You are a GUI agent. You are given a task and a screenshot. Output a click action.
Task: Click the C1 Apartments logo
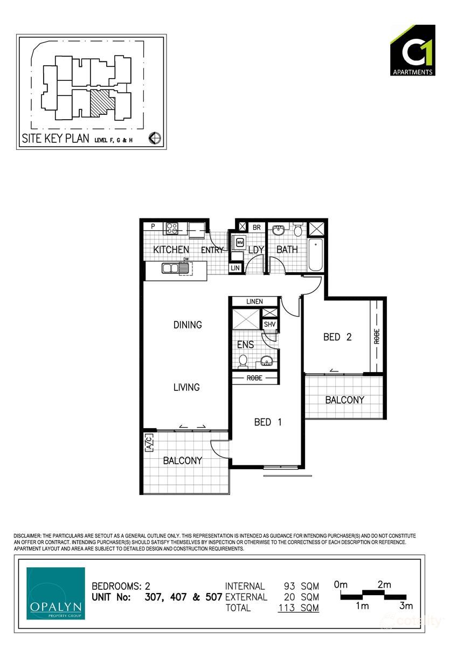(x=412, y=50)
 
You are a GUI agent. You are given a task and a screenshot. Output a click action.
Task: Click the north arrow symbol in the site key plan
(x=154, y=139)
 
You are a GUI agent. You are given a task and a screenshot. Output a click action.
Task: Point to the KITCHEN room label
(x=171, y=250)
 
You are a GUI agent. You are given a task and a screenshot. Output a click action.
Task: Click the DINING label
(x=188, y=325)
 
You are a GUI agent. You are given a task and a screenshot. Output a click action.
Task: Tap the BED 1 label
(x=268, y=422)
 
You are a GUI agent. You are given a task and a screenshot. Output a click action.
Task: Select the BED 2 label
(x=337, y=337)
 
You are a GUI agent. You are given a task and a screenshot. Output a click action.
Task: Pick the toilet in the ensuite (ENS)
(x=243, y=360)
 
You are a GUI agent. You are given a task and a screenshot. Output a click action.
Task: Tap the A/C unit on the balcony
(x=150, y=442)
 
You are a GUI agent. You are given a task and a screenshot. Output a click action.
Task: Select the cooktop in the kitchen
(x=172, y=228)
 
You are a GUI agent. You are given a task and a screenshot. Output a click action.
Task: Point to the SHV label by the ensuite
(x=269, y=325)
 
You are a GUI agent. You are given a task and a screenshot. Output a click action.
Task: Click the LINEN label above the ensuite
(x=254, y=301)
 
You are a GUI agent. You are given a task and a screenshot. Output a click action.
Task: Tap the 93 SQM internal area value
(x=302, y=586)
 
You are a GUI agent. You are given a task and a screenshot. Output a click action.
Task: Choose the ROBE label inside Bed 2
(x=377, y=336)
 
